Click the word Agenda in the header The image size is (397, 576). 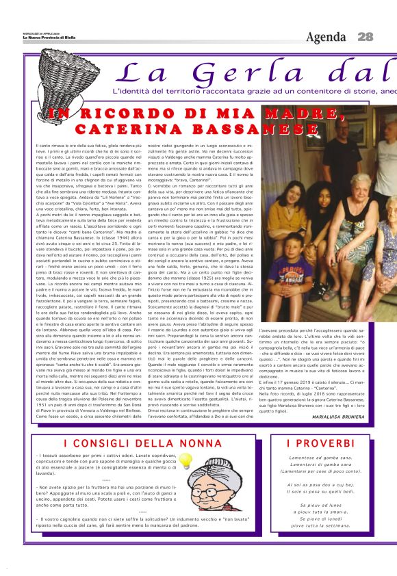[327, 37]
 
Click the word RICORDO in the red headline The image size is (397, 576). [123, 114]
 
